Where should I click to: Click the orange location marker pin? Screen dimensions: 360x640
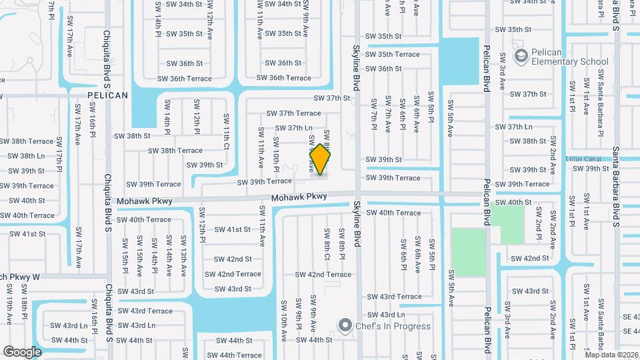tap(321, 160)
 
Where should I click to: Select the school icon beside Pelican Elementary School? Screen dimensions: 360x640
tap(521, 54)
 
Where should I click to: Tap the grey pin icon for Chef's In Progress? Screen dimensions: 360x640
tap(345, 326)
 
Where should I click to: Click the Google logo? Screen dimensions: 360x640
tap(22, 351)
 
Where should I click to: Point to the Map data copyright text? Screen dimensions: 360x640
tap(611, 355)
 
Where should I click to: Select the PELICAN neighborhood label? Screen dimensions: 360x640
tap(107, 95)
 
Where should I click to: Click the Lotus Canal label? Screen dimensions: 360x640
tap(582, 159)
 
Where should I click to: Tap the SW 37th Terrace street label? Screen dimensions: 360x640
tap(293, 113)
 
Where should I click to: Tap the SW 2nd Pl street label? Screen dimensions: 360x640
tap(538, 227)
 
